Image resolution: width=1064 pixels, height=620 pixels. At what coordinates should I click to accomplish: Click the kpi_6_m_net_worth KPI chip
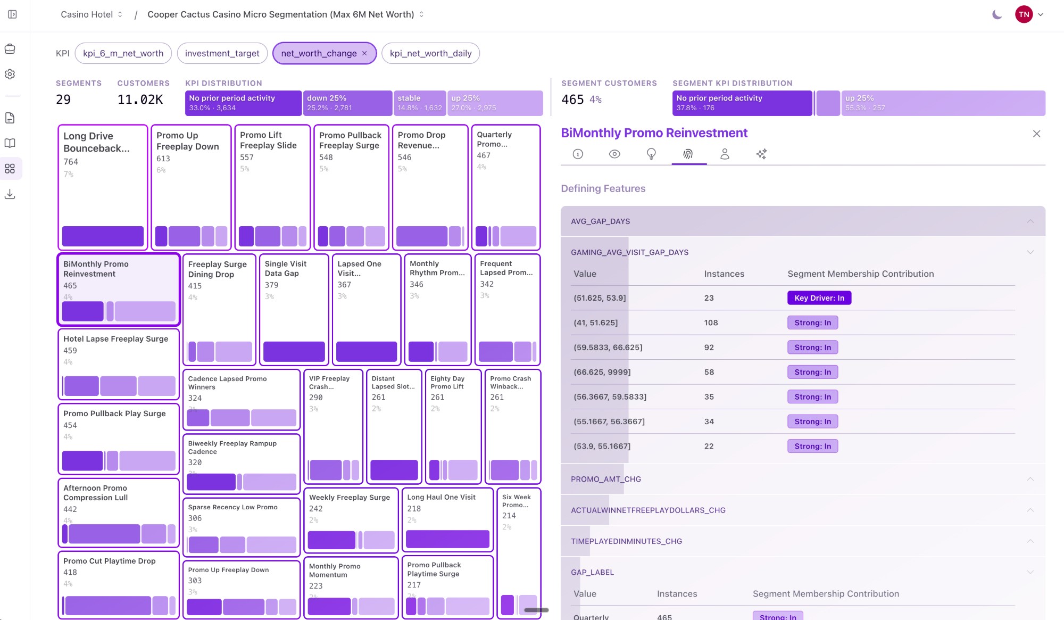point(123,53)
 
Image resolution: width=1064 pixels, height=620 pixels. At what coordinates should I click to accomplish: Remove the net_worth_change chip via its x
point(364,53)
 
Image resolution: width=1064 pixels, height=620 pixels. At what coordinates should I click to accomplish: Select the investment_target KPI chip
point(222,53)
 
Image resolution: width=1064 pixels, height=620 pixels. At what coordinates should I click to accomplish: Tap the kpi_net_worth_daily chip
point(430,53)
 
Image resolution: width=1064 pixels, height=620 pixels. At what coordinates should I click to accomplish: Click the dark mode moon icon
point(997,15)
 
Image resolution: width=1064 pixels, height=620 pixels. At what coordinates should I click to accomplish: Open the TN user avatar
point(1024,15)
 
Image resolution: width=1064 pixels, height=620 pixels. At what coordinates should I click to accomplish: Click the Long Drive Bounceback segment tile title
point(96,142)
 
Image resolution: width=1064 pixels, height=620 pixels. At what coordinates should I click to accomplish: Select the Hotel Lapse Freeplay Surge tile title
point(115,339)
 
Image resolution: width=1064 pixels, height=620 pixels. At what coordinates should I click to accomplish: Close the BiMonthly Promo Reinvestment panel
point(1036,134)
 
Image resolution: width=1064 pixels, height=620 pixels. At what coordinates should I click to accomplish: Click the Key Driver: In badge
point(819,298)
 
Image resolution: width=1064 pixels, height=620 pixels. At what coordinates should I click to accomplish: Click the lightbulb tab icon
point(651,154)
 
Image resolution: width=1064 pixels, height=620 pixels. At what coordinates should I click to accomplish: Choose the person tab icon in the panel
point(725,154)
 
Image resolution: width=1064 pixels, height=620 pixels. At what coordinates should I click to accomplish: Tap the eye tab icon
point(614,154)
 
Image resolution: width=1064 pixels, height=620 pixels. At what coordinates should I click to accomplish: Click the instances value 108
point(711,323)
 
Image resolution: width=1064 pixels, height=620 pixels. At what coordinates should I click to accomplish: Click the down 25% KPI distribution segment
point(347,103)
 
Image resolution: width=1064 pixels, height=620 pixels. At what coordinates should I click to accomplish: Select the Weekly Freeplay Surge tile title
point(350,498)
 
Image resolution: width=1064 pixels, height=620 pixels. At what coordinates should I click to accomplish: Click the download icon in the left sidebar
point(10,194)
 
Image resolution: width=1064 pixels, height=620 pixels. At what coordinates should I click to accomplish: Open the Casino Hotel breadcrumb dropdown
point(92,14)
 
